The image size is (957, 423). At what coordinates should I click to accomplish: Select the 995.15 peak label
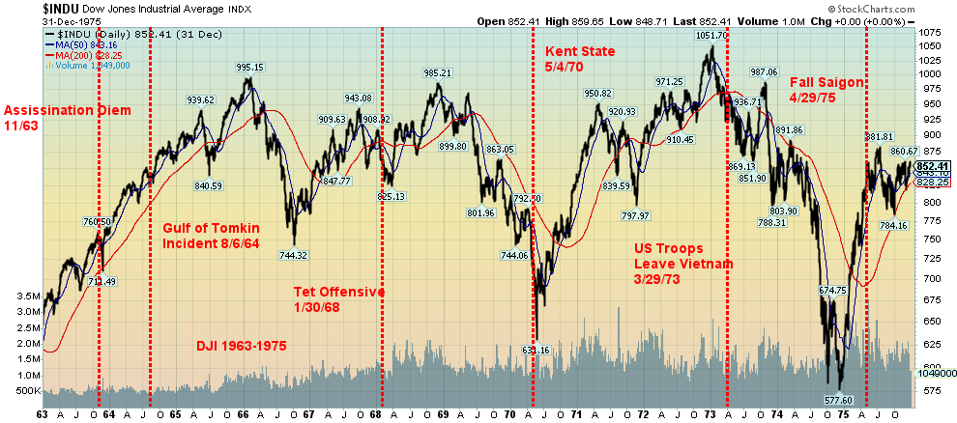click(x=248, y=68)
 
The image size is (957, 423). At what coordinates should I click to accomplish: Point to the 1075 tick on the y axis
click(x=931, y=33)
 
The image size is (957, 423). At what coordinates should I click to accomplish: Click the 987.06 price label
click(x=764, y=71)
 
